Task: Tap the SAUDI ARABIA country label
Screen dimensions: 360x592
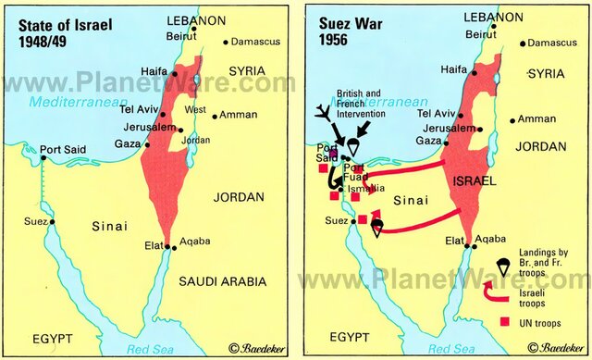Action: click(x=222, y=281)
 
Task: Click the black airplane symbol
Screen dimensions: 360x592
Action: click(x=324, y=115)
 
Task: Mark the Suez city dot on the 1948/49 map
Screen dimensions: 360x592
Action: click(x=53, y=222)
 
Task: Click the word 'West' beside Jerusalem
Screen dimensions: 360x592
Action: click(x=196, y=110)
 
